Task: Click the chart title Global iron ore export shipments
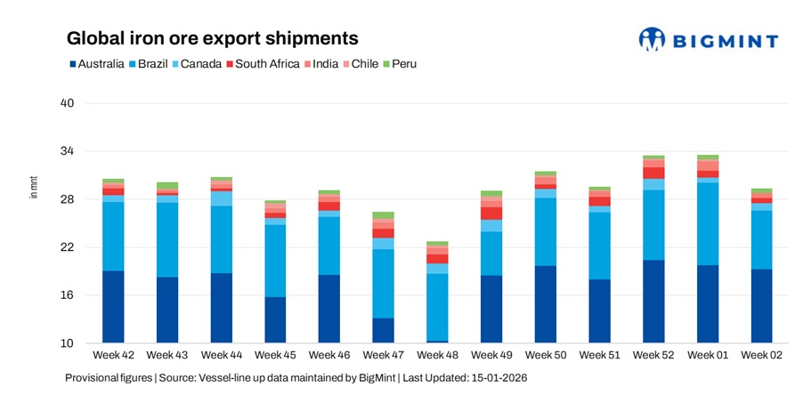pyautogui.click(x=213, y=39)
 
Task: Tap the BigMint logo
pyautogui.click(x=708, y=40)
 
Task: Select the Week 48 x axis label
pyautogui.click(x=437, y=356)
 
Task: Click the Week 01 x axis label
pyautogui.click(x=708, y=356)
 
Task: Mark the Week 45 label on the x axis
pyautogui.click(x=275, y=356)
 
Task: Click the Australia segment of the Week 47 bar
pyautogui.click(x=383, y=330)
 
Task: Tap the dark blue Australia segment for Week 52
pyautogui.click(x=653, y=302)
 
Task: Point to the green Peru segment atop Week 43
pyautogui.click(x=166, y=186)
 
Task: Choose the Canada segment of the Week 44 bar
pyautogui.click(x=221, y=198)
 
